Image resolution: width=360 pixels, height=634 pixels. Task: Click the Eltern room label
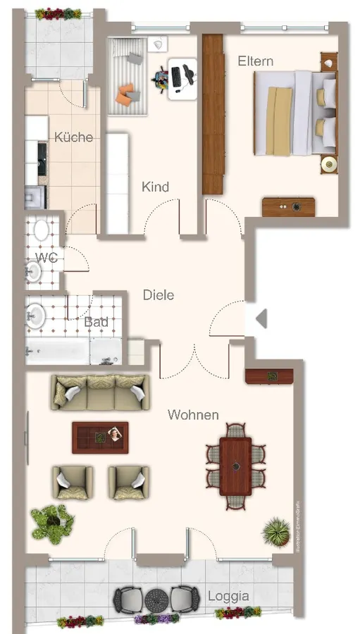(255, 61)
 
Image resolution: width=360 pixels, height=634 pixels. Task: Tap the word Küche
(73, 137)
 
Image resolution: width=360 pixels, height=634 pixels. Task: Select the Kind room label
(156, 187)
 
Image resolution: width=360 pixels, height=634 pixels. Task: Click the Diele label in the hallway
(158, 295)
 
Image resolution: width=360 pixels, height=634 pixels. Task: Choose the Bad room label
(96, 322)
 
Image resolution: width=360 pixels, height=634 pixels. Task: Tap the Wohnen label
(193, 415)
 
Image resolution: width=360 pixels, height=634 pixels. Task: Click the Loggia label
(228, 596)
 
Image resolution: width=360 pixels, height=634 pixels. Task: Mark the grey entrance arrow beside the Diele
(261, 319)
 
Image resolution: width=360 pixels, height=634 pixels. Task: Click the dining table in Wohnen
(235, 466)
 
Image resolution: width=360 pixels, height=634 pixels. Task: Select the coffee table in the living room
(100, 437)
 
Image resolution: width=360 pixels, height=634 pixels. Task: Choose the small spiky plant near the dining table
(276, 529)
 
